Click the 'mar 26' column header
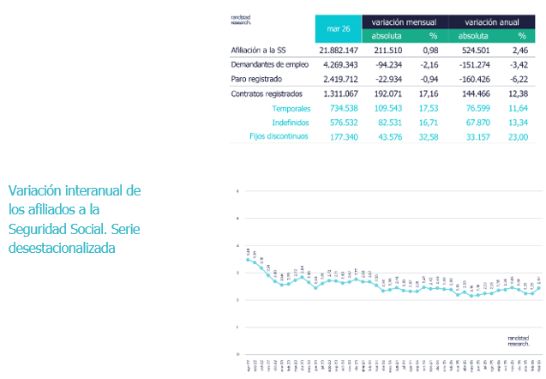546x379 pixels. click(x=339, y=28)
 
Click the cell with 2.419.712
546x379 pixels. click(x=339, y=78)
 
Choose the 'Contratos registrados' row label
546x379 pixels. click(x=267, y=93)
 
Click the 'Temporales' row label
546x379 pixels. click(x=291, y=107)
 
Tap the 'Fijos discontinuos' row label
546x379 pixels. click(x=279, y=135)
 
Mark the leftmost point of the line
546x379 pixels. click(x=247, y=259)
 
